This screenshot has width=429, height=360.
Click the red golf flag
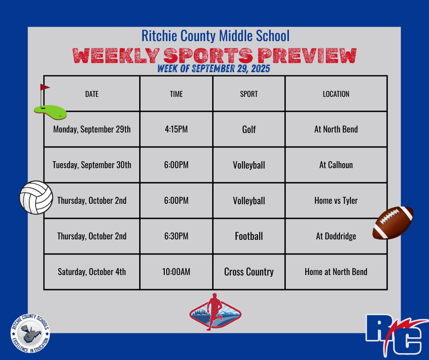click(x=45, y=87)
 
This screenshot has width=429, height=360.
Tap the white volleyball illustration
click(x=36, y=197)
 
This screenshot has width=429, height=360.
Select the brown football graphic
click(x=393, y=223)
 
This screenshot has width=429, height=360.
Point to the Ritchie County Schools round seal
click(x=30, y=333)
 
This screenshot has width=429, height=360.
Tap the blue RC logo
click(x=397, y=335)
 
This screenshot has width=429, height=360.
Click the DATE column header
click(x=92, y=94)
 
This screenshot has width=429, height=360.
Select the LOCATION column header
click(x=336, y=94)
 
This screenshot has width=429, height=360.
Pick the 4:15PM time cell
click(x=176, y=129)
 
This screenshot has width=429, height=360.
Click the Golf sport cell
click(x=249, y=129)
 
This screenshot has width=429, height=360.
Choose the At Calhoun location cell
click(x=336, y=165)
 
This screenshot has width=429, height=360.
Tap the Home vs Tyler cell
click(x=336, y=201)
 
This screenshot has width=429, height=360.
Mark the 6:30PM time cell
click(x=176, y=236)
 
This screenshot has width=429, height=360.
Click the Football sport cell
click(x=249, y=236)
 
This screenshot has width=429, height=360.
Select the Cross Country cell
click(x=249, y=272)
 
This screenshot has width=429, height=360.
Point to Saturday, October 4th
click(x=92, y=272)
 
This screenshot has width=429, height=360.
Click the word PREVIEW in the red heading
click(x=307, y=56)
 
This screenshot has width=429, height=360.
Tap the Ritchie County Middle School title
click(x=215, y=36)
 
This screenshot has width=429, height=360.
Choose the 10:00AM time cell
click(x=176, y=271)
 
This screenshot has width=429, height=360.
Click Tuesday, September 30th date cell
click(x=92, y=165)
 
